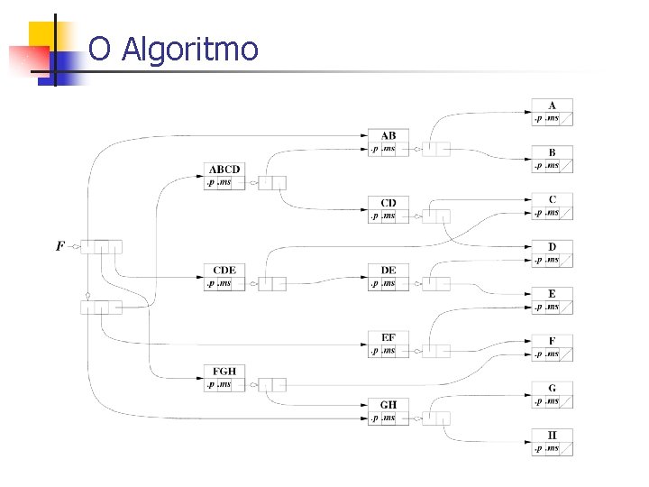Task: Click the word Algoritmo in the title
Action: (189, 49)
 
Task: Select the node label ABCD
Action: (224, 170)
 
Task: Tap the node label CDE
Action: (224, 271)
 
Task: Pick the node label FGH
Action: (224, 372)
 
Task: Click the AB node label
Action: (388, 136)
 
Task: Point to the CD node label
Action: (388, 203)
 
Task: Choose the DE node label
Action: (388, 271)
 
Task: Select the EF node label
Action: (388, 337)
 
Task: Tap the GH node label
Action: (388, 405)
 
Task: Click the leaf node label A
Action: (552, 106)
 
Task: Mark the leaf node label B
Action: (552, 152)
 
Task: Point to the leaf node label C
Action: (552, 199)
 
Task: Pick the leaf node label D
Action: (552, 246)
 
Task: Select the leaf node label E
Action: (552, 294)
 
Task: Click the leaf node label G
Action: (552, 388)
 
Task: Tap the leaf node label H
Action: (552, 435)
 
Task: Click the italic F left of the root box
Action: (60, 245)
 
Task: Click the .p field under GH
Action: (374, 418)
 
